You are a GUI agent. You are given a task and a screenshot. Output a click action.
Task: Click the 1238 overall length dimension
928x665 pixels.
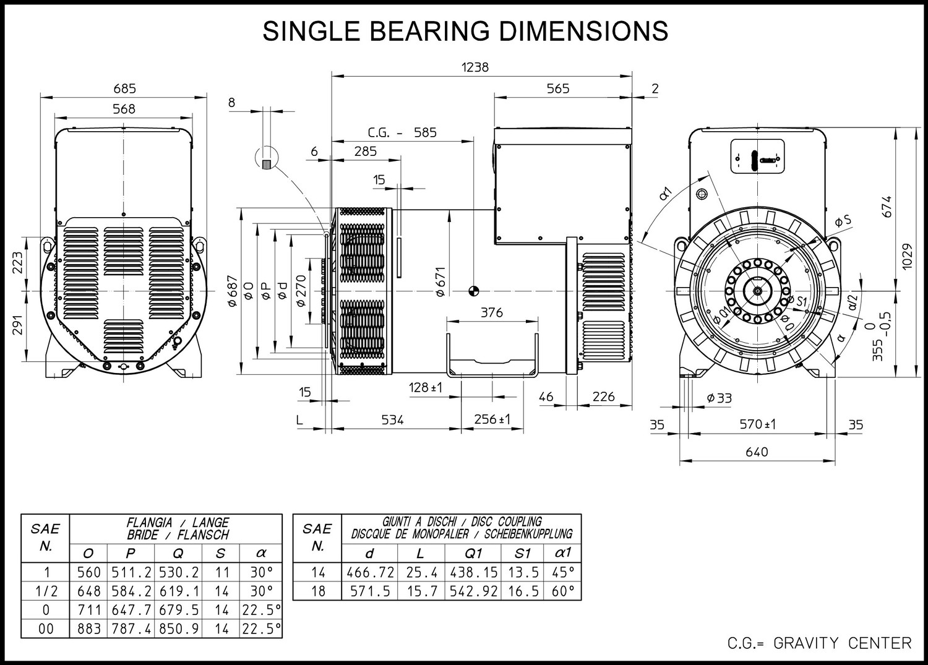coord(475,67)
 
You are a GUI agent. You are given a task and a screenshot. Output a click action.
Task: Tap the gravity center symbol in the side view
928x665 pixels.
coord(473,291)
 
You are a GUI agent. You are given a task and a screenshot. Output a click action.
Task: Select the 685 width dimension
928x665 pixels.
coord(125,88)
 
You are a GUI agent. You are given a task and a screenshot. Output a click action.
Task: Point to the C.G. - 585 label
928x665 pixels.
coord(402,132)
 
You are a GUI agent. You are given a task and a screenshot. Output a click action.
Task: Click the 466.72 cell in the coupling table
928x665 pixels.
coord(371,572)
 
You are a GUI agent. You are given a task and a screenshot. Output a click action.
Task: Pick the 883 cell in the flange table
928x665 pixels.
coord(89,629)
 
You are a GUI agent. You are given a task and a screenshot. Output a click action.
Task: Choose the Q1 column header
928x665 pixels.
coord(473,554)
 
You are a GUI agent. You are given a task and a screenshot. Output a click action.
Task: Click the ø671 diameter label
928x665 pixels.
coord(440,281)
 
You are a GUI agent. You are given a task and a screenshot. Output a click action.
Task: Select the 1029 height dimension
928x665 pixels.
coord(908,256)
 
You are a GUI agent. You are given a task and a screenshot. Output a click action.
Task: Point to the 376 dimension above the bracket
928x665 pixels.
coord(492,312)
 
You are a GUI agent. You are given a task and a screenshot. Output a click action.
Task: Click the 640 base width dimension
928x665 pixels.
coord(757,452)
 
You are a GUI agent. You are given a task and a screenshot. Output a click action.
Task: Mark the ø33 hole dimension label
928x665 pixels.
coord(720,398)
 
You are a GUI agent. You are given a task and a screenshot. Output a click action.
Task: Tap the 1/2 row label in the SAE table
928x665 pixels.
coord(46,591)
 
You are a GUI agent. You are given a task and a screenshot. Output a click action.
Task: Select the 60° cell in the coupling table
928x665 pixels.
coord(564,591)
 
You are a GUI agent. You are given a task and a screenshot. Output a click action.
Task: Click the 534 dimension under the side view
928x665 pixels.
coord(392,420)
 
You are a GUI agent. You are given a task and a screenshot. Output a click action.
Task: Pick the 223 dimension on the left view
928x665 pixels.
coord(18,263)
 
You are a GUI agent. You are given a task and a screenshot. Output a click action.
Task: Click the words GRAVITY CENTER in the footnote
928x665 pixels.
coord(843,643)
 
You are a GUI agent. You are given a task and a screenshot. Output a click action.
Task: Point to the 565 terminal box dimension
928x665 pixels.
coord(558,88)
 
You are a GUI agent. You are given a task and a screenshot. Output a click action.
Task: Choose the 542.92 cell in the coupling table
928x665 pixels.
coord(473,591)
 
